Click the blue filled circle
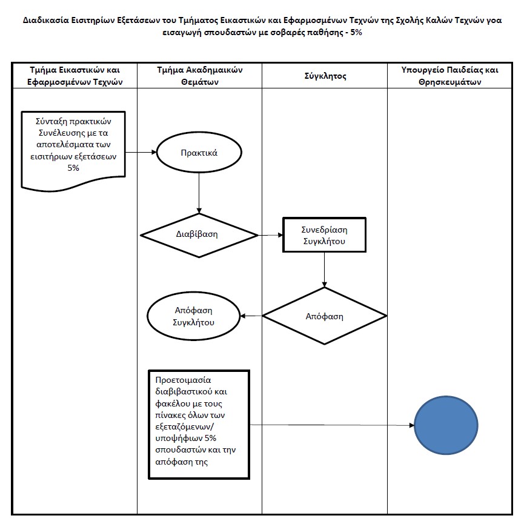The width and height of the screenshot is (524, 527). pos(446,425)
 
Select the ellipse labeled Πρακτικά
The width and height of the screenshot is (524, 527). pos(199,152)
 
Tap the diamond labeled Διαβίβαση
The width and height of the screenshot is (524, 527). pos(199,235)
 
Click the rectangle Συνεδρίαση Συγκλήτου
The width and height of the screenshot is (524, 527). pos(324,235)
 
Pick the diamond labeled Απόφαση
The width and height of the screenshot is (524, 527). pos(324,316)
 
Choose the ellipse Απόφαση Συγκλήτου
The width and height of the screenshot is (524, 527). pos(194,316)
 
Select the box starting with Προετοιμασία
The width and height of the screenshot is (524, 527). pos(199,425)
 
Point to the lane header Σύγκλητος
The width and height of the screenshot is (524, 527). pos(325,76)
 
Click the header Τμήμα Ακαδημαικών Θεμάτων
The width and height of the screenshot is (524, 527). pos(200,76)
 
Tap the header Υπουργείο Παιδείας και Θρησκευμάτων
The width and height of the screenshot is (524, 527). pos(449,76)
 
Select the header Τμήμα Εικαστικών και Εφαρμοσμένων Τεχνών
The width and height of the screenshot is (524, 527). pos(75,76)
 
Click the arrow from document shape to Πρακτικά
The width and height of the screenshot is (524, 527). pos(141,152)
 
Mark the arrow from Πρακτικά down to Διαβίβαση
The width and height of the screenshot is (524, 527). pos(199,193)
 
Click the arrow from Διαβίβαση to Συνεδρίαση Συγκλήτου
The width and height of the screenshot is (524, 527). pos(271,235)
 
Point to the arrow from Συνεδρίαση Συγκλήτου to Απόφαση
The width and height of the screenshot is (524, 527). pos(324,270)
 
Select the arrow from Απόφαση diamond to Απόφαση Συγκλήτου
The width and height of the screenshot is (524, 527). pos(251,316)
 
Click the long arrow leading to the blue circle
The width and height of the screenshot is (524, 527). pos(332,425)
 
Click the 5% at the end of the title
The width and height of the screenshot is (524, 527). pos(356,33)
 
